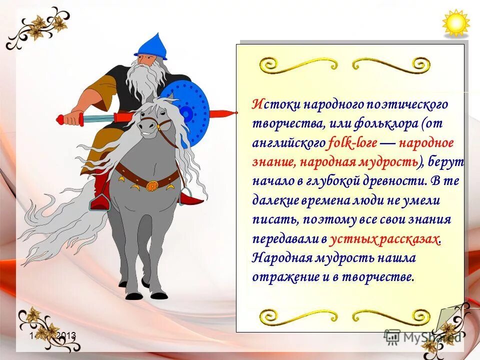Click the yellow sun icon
456,23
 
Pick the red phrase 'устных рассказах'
385,239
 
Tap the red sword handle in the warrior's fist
64,119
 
